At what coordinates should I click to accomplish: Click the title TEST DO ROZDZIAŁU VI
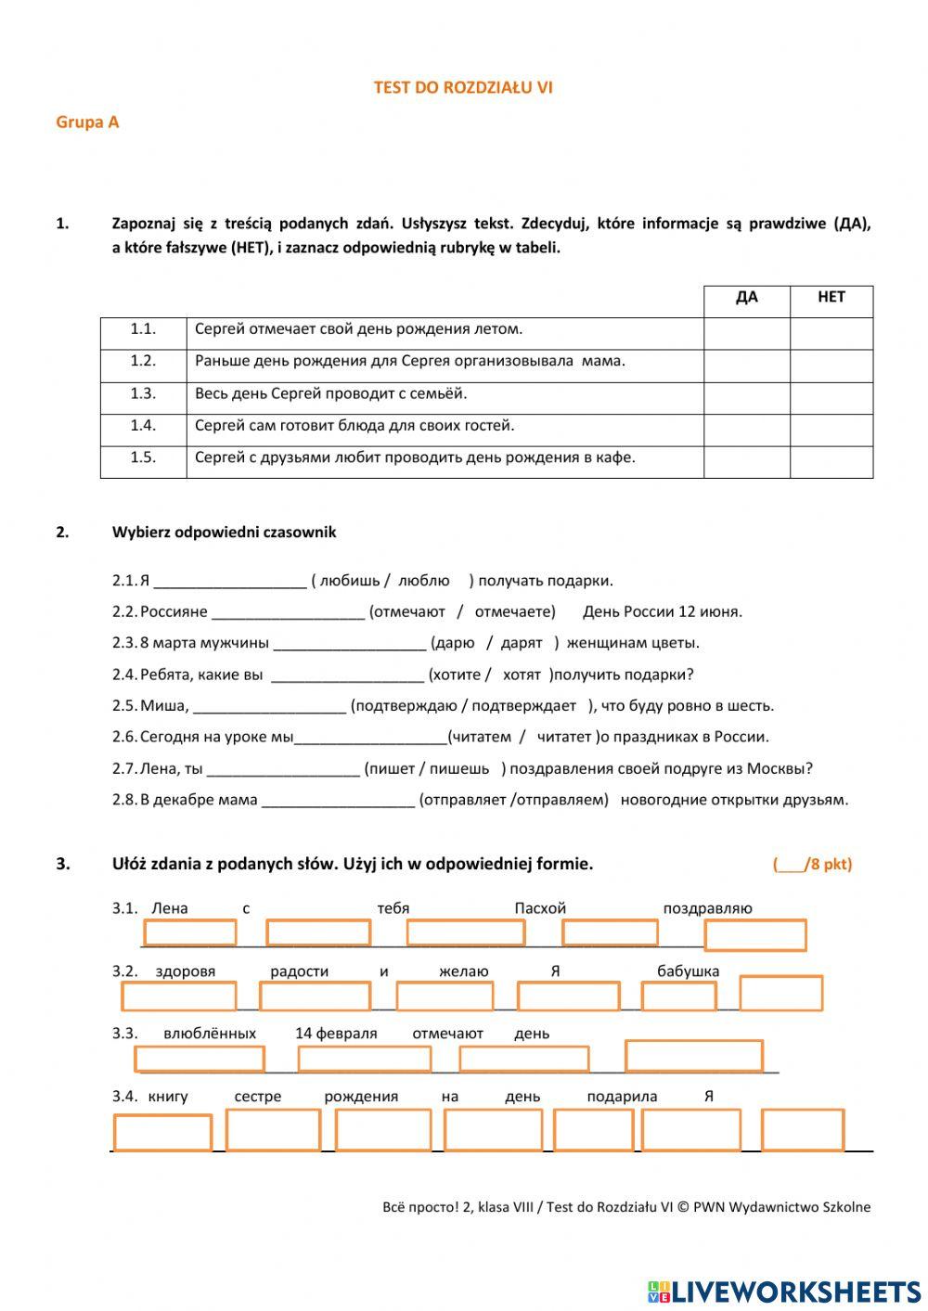point(463,87)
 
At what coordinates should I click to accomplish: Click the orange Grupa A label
point(87,122)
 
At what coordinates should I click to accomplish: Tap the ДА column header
point(746,297)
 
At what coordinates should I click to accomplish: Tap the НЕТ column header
point(831,297)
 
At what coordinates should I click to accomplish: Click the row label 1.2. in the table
point(143,361)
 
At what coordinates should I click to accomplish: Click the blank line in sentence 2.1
point(230,582)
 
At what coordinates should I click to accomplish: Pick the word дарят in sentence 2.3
point(522,643)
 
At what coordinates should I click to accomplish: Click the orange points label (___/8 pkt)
point(812,865)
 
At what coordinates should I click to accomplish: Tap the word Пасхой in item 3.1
point(540,908)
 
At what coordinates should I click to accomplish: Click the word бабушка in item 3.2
point(688,971)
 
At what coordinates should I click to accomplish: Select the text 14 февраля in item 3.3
point(336,1034)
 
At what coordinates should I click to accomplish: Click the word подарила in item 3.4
point(622,1097)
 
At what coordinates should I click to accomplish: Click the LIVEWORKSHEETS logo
point(784,1292)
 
